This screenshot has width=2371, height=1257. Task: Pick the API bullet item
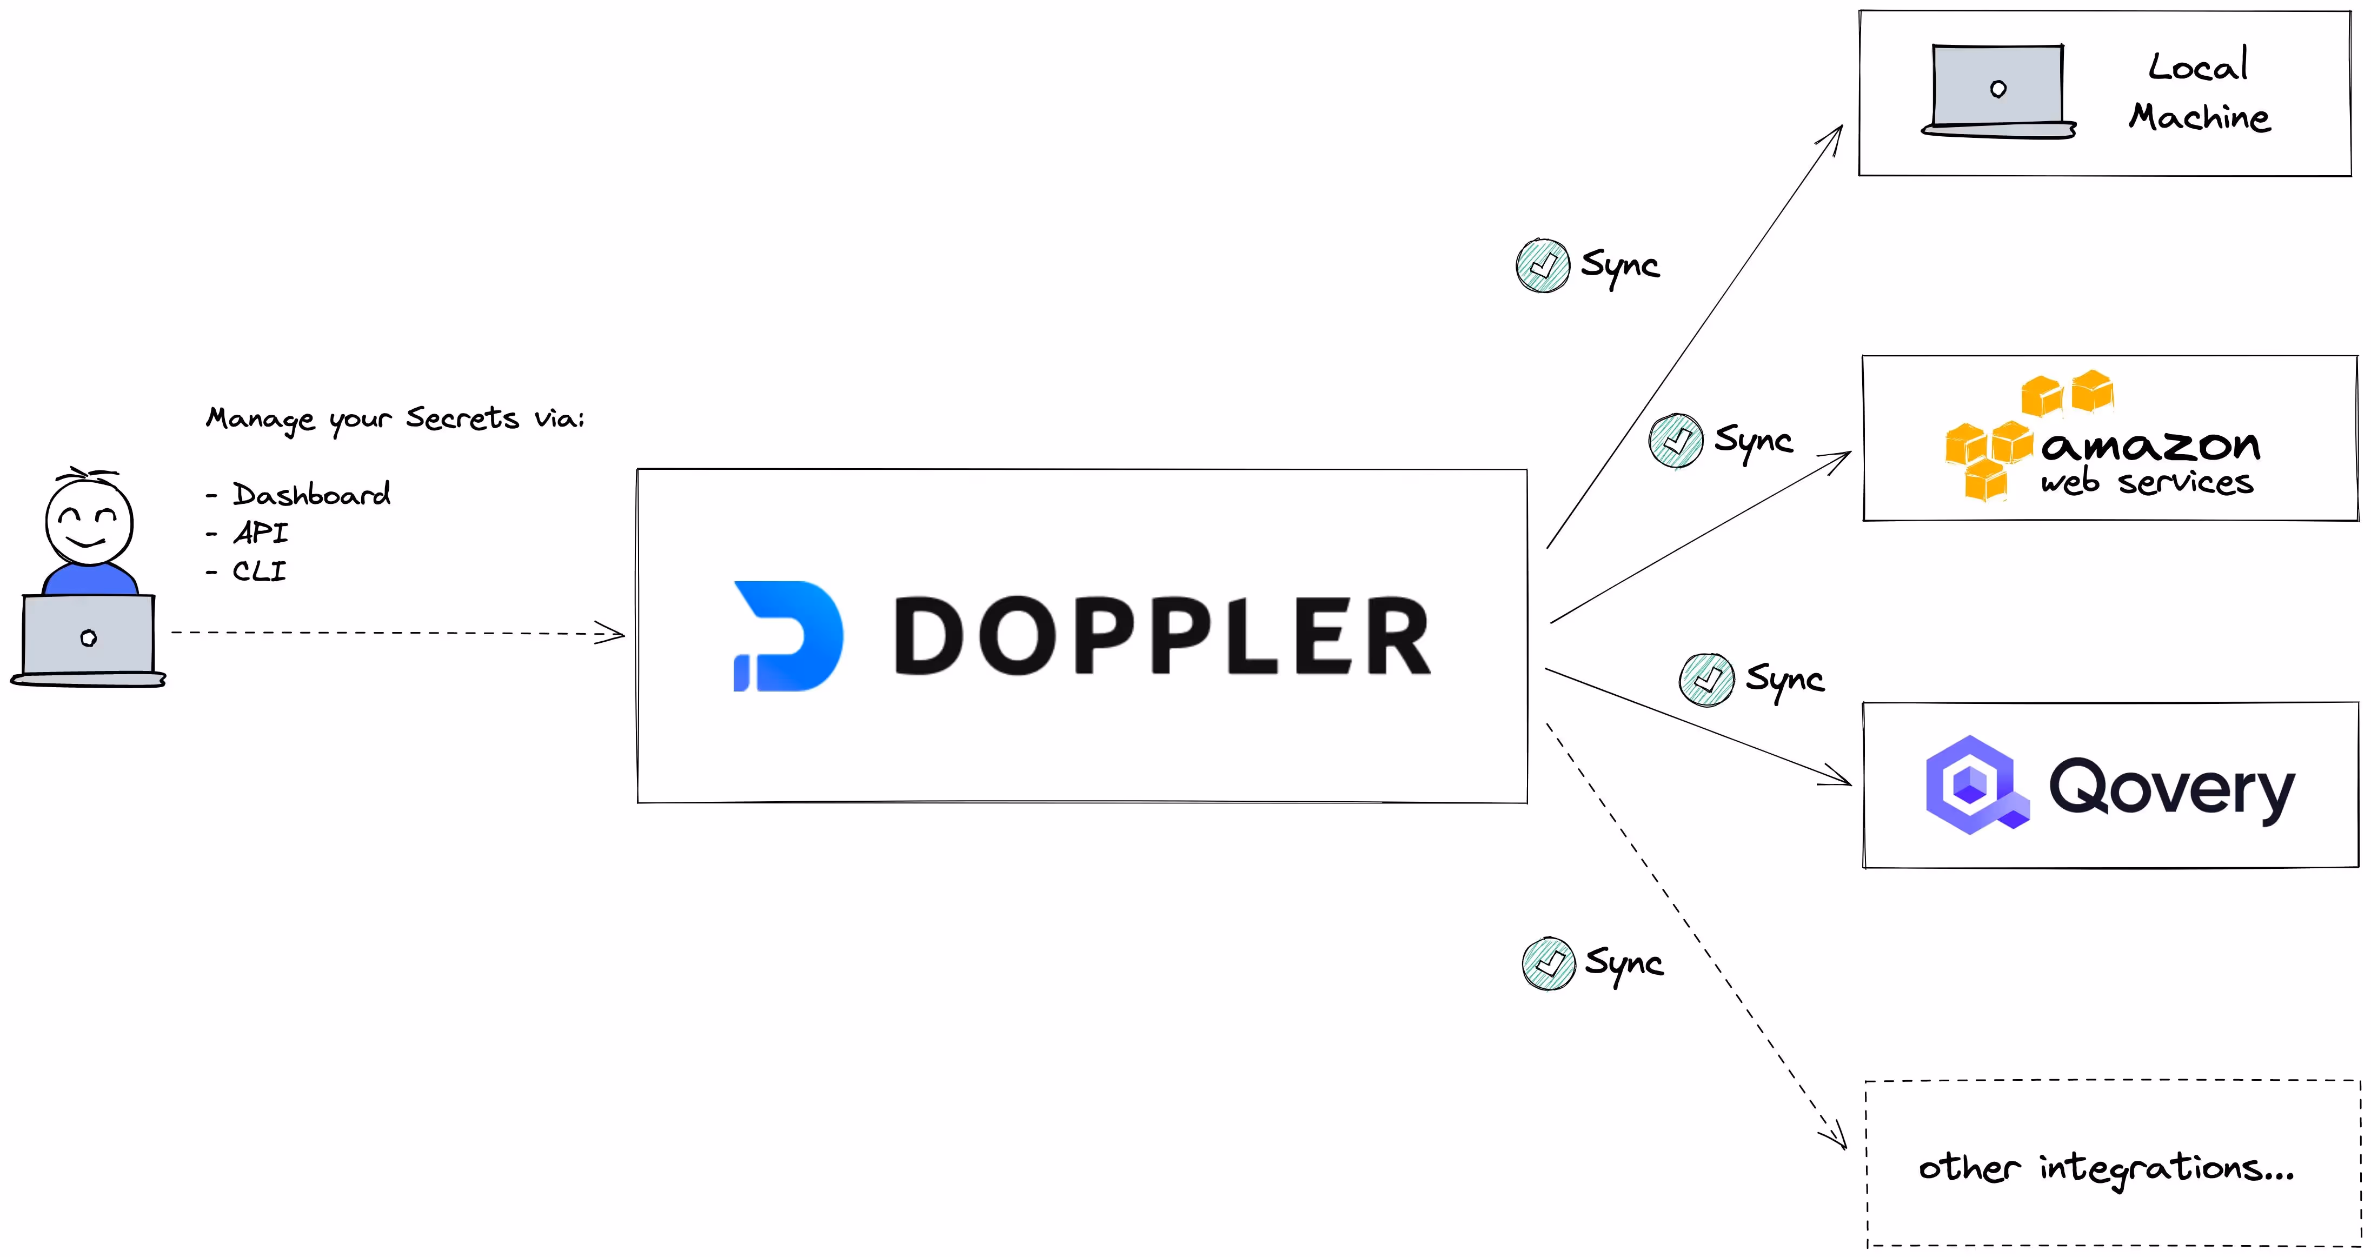point(261,533)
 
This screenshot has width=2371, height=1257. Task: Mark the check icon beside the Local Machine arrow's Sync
point(1543,266)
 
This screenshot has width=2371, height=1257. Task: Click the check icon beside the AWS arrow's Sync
point(1675,441)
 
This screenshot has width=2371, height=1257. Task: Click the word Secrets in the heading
point(462,418)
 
